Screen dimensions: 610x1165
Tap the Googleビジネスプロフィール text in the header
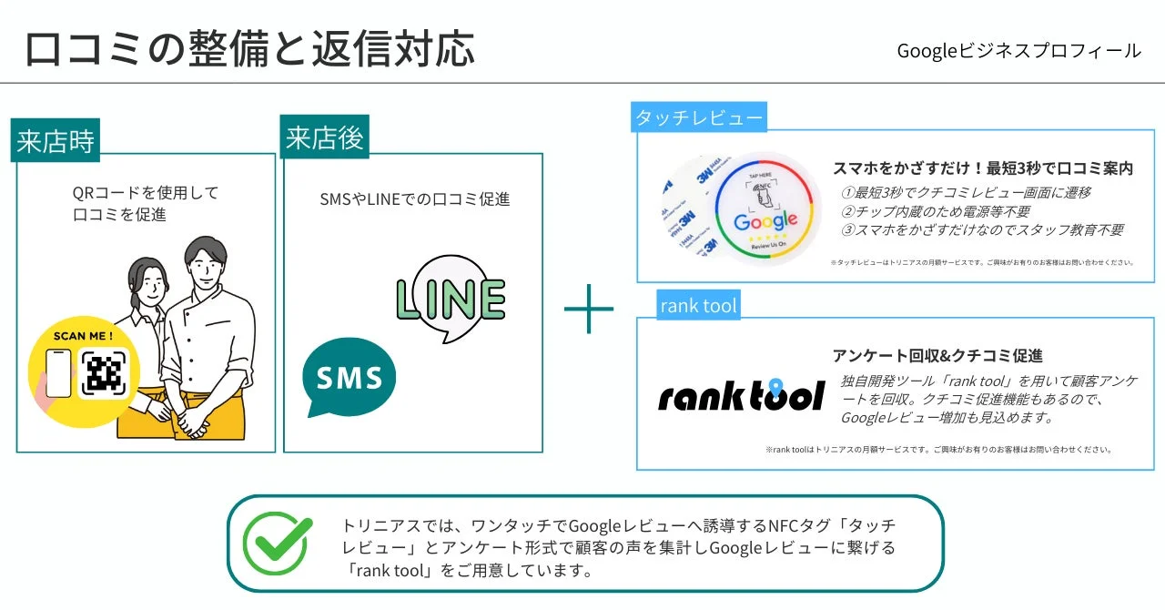pos(1018,51)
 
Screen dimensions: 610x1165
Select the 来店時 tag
pos(55,143)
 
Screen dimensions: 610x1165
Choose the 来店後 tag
pos(324,138)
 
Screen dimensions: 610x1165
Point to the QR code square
pos(104,373)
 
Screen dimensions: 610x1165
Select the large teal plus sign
pos(589,309)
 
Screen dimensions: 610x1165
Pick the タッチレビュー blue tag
pos(699,117)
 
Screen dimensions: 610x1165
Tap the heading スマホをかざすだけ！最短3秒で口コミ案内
pos(983,168)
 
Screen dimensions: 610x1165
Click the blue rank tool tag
pos(698,306)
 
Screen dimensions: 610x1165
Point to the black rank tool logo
pos(741,395)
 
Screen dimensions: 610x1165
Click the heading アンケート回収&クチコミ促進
pos(937,355)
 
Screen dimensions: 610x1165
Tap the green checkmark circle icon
pos(277,543)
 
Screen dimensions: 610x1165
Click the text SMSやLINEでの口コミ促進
pos(414,198)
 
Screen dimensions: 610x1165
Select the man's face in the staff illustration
pos(212,267)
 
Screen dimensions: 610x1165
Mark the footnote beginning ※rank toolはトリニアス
pos(938,449)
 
